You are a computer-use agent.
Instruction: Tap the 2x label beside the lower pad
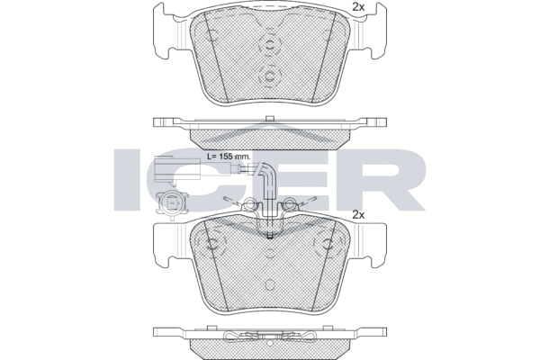tap(357, 215)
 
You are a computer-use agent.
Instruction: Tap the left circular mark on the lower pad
tap(212, 244)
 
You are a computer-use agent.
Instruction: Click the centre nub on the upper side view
tap(269, 117)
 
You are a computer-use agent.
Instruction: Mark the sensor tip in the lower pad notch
tap(271, 234)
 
